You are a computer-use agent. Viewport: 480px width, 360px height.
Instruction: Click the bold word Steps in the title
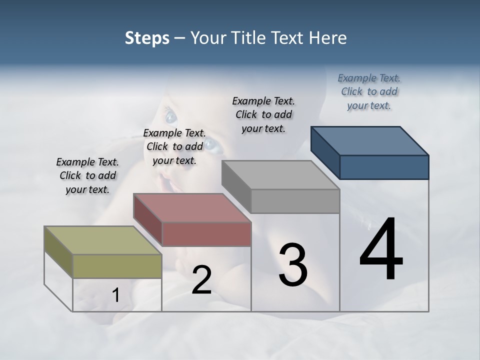tap(147, 38)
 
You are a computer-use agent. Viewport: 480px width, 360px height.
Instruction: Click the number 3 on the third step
tap(293, 265)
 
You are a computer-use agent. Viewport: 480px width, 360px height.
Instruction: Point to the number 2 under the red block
tap(201, 279)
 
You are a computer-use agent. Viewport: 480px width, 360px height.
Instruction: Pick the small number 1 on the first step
tap(116, 295)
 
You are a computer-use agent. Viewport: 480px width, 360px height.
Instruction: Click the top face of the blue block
tap(370, 140)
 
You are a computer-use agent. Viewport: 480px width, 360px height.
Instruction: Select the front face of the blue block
tap(384, 167)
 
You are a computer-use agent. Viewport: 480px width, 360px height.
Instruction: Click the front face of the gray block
tap(295, 201)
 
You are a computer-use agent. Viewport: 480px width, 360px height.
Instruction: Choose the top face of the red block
tap(192, 207)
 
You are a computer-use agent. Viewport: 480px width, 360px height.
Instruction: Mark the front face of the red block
tap(206, 234)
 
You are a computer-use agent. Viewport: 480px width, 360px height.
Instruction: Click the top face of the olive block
tap(103, 240)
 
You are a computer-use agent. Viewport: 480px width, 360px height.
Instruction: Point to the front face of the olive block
tap(117, 266)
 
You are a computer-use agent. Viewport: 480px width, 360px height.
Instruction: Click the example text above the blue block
tap(369, 92)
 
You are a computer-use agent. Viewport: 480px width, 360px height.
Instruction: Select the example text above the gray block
tap(263, 114)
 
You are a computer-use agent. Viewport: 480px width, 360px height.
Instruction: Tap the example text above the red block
tap(174, 146)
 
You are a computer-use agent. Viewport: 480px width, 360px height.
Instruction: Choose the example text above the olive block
tap(87, 175)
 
